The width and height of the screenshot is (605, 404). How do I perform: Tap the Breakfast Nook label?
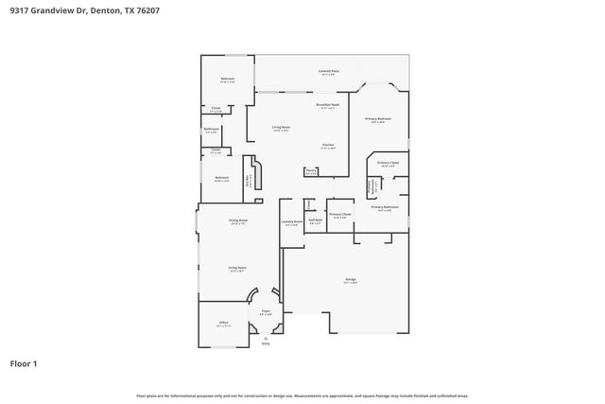[328, 106]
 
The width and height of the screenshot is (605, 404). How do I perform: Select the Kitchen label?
[327, 146]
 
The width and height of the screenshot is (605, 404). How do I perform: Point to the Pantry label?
[311, 171]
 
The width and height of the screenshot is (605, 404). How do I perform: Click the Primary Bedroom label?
[378, 119]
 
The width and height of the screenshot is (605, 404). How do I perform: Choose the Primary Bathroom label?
[384, 207]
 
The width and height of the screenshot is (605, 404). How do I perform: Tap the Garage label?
[351, 281]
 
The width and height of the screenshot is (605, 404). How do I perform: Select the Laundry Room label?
[291, 223]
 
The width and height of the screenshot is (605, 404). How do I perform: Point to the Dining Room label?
[238, 221]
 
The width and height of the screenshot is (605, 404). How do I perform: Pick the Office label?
[224, 324]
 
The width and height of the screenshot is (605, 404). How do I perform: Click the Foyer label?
[266, 312]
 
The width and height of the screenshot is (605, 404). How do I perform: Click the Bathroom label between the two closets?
[212, 130]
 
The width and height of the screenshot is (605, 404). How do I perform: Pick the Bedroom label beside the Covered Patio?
[228, 79]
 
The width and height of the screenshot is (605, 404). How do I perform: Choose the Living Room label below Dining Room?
[237, 269]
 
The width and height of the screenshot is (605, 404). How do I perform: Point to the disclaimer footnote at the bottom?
[302, 395]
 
